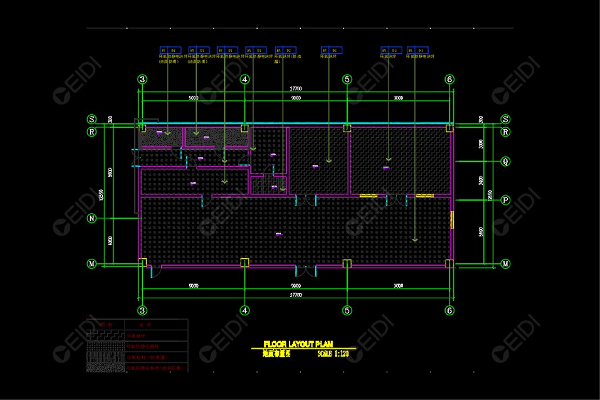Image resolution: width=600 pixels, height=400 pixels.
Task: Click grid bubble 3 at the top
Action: [x=142, y=79]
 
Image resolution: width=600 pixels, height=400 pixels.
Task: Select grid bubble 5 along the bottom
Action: [x=347, y=310]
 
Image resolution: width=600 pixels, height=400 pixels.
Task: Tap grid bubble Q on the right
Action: [x=505, y=162]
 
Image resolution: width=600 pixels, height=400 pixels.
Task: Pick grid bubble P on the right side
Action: [x=505, y=200]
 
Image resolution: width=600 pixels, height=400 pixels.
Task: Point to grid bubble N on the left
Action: [x=91, y=218]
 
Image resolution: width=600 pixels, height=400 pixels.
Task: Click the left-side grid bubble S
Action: [x=91, y=119]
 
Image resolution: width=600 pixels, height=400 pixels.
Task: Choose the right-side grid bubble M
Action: [x=505, y=264]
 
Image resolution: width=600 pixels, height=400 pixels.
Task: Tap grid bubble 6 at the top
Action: [x=450, y=79]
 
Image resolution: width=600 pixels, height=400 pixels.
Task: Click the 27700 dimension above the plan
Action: [x=295, y=89]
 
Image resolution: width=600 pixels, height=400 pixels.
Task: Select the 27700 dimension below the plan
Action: [x=295, y=295]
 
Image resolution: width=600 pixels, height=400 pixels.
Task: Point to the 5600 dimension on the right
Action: [x=481, y=231]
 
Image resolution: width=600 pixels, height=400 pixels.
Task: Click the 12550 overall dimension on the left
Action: [x=102, y=194]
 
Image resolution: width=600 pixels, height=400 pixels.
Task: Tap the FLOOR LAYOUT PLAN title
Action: [x=298, y=344]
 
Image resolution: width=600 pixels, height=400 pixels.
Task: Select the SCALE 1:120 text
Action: [x=333, y=354]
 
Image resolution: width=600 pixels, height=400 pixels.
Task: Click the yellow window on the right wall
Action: [x=452, y=220]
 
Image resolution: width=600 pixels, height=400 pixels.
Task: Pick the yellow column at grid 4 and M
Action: [x=245, y=263]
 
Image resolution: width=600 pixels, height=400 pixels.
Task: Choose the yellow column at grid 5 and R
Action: [x=346, y=128]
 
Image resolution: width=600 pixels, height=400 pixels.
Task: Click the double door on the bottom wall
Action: [x=305, y=270]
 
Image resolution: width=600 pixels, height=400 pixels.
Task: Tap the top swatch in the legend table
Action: [x=105, y=335]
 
